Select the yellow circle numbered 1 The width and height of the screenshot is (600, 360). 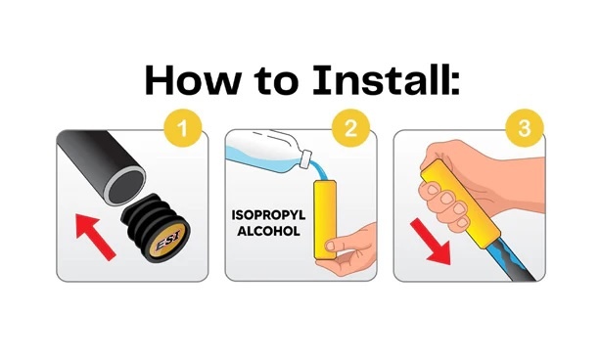click(182, 128)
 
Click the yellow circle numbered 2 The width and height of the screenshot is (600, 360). click(350, 128)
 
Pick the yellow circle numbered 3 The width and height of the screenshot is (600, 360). click(525, 128)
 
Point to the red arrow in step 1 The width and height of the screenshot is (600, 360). click(95, 237)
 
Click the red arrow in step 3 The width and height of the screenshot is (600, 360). click(432, 243)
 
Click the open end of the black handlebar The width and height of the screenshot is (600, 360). click(125, 187)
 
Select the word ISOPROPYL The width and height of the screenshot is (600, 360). click(268, 215)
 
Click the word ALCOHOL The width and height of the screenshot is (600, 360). click(268, 231)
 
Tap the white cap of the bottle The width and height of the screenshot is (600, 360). click(306, 158)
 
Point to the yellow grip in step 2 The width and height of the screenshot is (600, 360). click(325, 219)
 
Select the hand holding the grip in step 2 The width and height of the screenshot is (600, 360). click(349, 249)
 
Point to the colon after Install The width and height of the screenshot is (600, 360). click(455, 85)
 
